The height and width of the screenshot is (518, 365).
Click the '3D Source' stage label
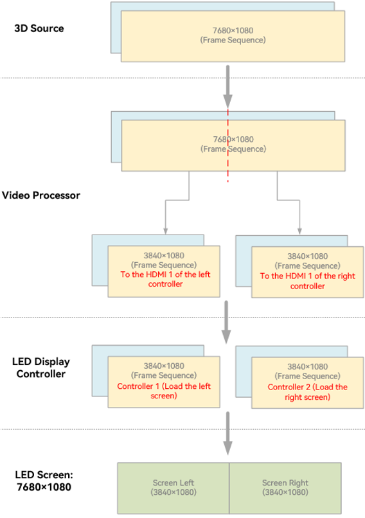39,28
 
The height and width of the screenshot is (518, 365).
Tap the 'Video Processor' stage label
41,195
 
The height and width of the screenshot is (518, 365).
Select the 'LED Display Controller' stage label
41,368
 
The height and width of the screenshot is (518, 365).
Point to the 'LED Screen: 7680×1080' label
44,481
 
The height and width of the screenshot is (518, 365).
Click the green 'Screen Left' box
174,488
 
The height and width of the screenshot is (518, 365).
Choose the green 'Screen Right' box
285,488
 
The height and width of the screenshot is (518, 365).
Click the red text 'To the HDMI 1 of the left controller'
165,279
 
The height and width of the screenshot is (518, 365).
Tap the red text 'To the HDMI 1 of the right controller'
308,281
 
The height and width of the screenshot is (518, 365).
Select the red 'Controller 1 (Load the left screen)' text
164,391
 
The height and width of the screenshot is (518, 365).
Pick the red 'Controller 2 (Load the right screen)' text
308,392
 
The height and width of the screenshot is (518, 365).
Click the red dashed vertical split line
227,145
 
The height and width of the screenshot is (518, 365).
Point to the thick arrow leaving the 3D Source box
227,87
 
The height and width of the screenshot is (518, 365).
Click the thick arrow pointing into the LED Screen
227,433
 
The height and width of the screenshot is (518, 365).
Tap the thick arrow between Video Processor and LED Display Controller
226,322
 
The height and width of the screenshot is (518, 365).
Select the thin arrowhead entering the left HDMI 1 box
166,231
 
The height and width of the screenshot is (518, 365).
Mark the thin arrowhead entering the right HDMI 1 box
299,231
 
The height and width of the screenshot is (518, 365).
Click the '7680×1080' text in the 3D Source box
233,30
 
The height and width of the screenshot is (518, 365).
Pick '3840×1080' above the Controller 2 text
308,366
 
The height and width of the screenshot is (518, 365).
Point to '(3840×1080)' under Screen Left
174,492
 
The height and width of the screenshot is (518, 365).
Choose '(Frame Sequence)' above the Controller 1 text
164,375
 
